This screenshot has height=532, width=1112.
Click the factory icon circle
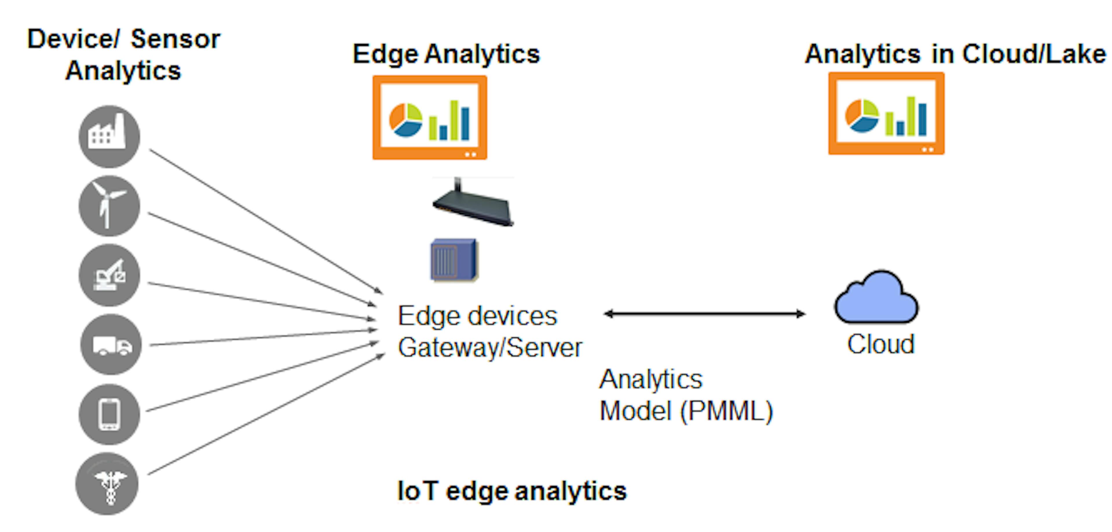109,136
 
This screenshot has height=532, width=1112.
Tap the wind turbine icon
109,206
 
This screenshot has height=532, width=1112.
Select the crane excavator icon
109,275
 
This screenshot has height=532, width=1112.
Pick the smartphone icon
109,414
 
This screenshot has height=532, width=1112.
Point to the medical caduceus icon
107,484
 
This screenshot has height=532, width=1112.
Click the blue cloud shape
876,300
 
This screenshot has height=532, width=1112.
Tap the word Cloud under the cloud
881,344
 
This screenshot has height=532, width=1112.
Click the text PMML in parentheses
727,411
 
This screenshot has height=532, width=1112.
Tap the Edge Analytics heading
446,54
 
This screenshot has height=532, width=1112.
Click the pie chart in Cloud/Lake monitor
862,115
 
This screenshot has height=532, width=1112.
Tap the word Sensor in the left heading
175,39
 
